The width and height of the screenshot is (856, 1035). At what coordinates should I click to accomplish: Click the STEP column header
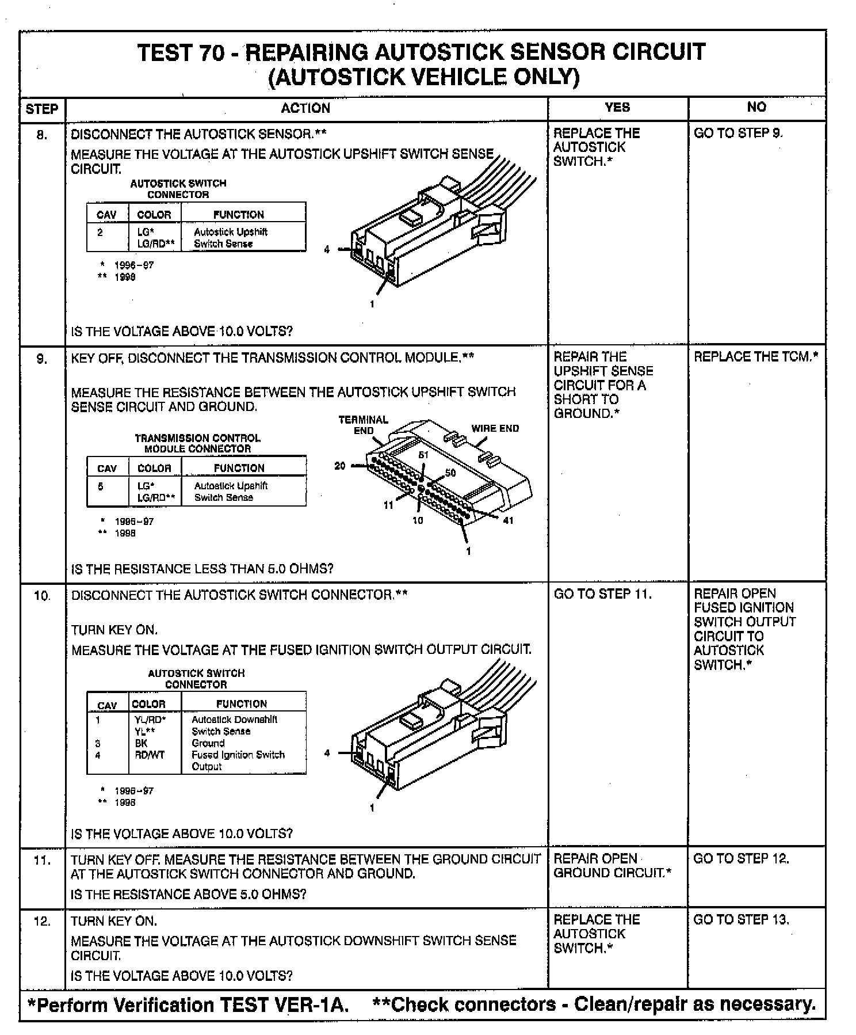[x=42, y=109]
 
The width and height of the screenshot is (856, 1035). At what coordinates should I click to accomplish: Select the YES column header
[x=617, y=107]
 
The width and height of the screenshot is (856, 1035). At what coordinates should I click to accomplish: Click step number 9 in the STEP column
[x=42, y=359]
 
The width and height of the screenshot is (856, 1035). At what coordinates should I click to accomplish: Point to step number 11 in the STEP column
[x=42, y=861]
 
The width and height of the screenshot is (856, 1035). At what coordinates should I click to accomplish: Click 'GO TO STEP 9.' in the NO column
[x=739, y=133]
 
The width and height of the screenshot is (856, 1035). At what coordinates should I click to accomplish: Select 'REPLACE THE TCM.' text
[x=755, y=357]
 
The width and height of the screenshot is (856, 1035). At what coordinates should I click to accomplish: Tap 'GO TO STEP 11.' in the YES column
[x=603, y=594]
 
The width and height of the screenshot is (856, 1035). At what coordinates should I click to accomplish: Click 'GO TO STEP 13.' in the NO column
[x=742, y=920]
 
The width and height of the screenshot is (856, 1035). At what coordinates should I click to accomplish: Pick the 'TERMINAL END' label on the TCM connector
[x=363, y=425]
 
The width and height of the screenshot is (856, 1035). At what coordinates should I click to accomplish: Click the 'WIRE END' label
[x=495, y=428]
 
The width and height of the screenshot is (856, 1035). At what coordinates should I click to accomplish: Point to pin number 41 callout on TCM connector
[x=508, y=520]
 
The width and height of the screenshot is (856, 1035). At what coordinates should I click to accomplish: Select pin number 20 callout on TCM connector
[x=340, y=465]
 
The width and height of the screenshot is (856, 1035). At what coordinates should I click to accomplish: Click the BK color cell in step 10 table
[x=141, y=743]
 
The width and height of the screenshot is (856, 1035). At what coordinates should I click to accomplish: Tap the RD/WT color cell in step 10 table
[x=149, y=755]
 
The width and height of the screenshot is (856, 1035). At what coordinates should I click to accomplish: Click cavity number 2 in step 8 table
[x=100, y=232]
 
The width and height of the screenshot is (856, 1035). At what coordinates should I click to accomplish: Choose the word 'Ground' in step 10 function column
[x=208, y=743]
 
